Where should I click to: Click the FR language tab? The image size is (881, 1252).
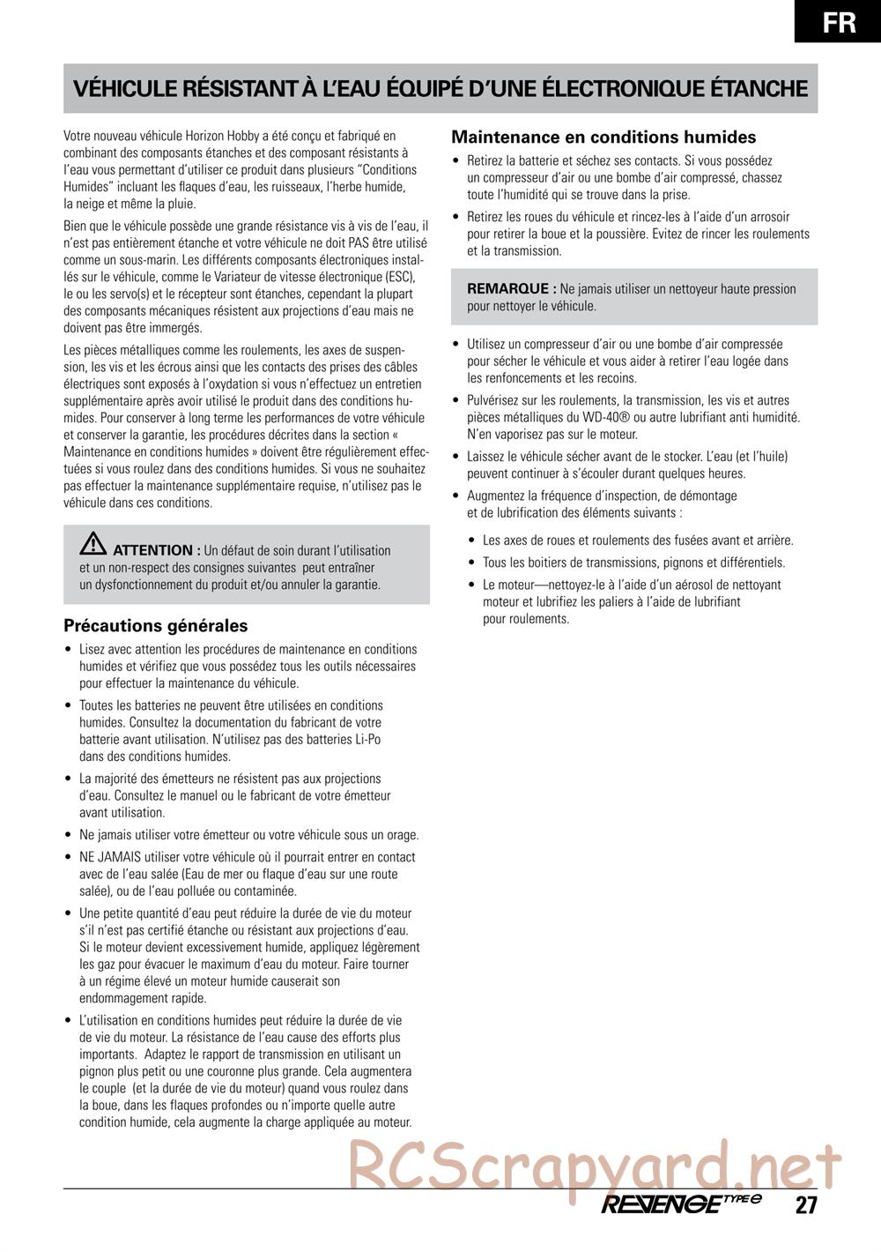pyautogui.click(x=839, y=21)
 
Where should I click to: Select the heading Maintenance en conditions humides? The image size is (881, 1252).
pyautogui.click(x=603, y=138)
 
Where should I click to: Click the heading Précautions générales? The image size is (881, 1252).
pyautogui.click(x=155, y=626)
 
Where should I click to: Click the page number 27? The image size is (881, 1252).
pyautogui.click(x=805, y=1205)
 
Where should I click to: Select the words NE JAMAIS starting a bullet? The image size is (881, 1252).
pyautogui.click(x=110, y=857)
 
